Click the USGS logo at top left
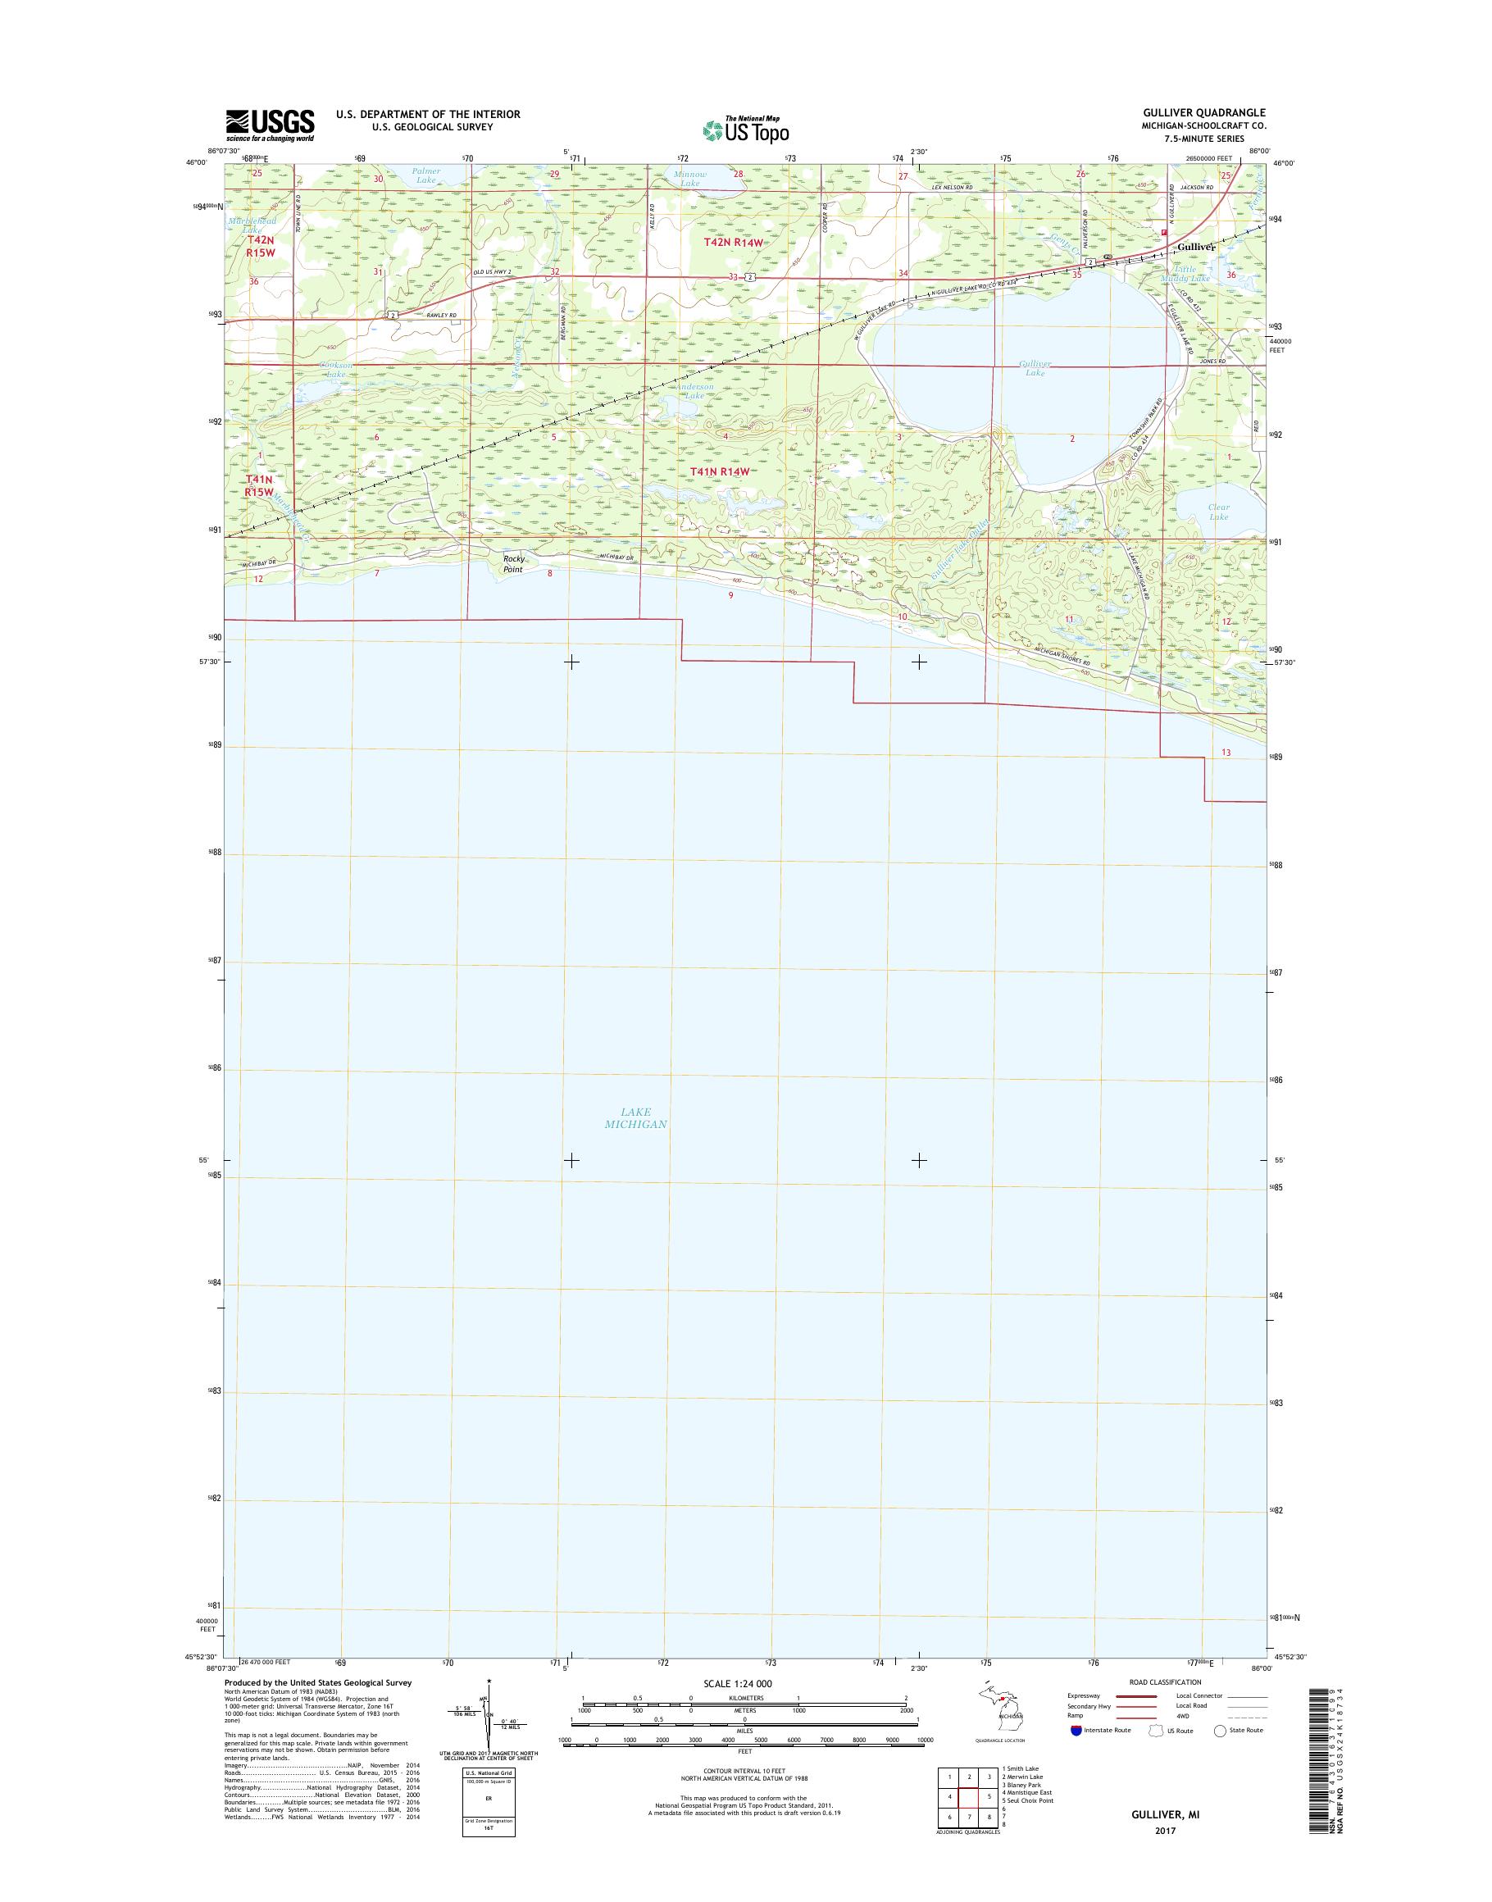coord(270,125)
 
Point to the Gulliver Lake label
coord(1035,368)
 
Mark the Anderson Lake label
coord(694,390)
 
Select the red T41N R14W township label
coord(721,471)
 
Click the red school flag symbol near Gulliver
coord(1164,232)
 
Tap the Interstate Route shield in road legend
coord(1076,1730)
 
